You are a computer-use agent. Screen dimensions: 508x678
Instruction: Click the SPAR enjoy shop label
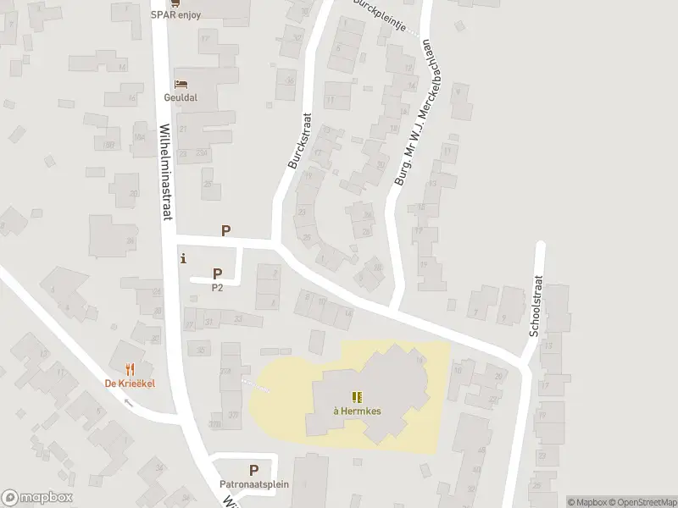click(176, 14)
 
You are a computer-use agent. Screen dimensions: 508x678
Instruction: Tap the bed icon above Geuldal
click(181, 84)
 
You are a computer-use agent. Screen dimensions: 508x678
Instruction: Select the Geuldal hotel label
click(181, 97)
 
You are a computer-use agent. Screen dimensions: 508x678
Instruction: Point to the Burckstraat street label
click(299, 141)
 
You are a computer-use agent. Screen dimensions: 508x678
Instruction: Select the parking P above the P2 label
click(217, 273)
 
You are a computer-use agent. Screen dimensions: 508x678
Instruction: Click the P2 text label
click(217, 287)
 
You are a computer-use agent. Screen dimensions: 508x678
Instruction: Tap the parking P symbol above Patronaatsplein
click(253, 470)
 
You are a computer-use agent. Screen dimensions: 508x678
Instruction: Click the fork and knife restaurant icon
click(130, 369)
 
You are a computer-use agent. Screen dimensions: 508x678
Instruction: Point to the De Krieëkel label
click(130, 383)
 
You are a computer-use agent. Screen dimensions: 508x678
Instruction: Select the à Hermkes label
click(356, 411)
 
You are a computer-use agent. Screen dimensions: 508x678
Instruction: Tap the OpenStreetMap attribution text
click(644, 502)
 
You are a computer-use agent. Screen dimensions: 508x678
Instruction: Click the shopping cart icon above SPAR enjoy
click(175, 3)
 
